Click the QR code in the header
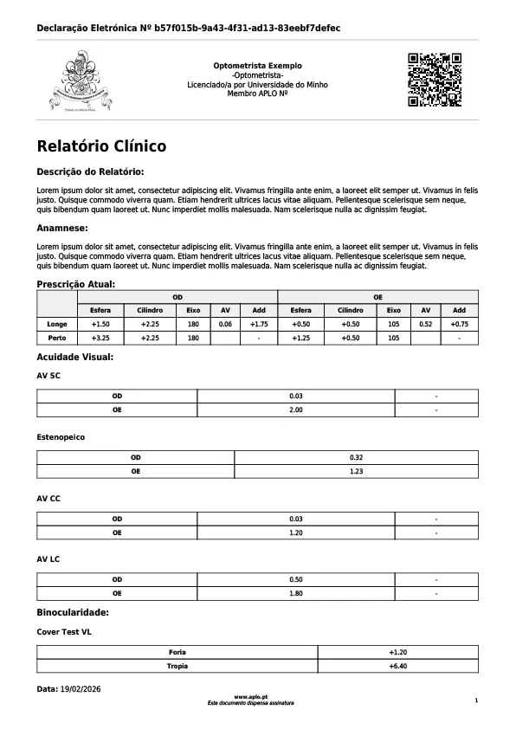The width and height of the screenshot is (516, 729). [434, 80]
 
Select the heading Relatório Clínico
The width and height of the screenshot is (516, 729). [101, 147]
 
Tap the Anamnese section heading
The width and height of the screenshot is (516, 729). [61, 228]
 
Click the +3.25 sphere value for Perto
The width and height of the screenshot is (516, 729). [100, 338]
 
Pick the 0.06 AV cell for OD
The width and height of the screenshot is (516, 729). [225, 324]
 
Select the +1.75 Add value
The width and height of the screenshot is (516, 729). [259, 324]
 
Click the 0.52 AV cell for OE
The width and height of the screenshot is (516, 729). [425, 324]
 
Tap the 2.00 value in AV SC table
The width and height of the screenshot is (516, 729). [296, 410]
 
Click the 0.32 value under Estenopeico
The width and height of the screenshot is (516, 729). [356, 457]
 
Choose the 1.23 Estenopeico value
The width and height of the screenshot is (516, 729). [356, 471]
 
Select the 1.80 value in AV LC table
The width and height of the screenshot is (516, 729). [296, 593]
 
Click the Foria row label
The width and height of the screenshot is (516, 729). [177, 652]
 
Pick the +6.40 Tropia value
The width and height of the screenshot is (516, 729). [398, 666]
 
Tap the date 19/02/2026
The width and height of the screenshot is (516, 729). [81, 689]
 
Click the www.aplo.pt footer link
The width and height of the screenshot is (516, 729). [250, 696]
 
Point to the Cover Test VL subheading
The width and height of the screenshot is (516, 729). [64, 632]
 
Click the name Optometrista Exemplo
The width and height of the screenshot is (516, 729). [258, 66]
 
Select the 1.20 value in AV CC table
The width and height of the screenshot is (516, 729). [296, 532]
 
